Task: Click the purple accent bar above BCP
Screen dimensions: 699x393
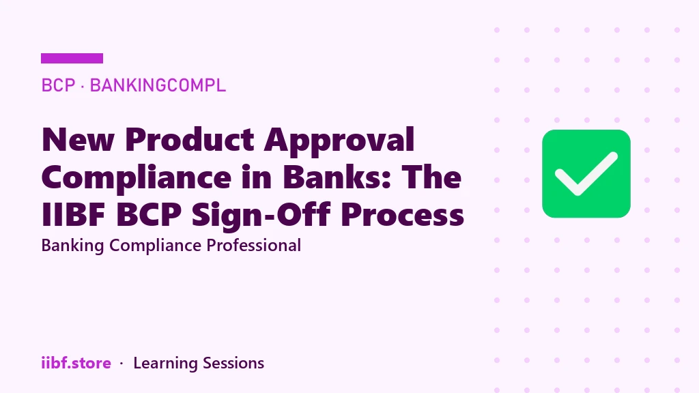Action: coord(72,59)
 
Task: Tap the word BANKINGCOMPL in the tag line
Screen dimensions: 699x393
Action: coord(158,85)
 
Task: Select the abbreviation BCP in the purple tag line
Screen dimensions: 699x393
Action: coord(58,85)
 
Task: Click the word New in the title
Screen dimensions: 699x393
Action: coord(78,140)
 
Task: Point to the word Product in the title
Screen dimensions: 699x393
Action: coord(190,140)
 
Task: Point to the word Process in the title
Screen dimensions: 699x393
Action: coord(402,215)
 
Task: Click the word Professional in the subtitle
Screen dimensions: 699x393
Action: coord(253,246)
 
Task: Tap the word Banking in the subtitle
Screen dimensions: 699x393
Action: coord(72,246)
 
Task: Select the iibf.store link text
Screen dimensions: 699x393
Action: coord(76,363)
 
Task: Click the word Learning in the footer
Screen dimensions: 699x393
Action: coord(165,364)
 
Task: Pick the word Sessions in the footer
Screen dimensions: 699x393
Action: coord(233,363)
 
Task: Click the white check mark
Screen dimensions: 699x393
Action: coord(586,174)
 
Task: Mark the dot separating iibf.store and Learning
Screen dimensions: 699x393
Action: coord(122,364)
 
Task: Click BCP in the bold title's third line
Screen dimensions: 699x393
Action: coord(148,215)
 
